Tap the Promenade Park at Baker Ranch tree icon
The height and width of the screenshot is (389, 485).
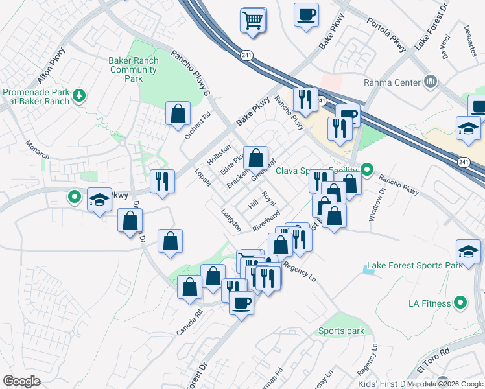click(x=80, y=96)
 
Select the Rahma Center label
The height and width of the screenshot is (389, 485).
click(x=392, y=82)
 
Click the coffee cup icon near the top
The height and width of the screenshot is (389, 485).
click(x=306, y=14)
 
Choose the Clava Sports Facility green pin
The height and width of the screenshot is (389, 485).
click(x=367, y=171)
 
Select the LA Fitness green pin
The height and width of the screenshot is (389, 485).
click(x=460, y=302)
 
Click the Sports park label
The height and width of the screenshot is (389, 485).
click(x=341, y=331)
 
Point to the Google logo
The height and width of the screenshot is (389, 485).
click(x=22, y=381)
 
